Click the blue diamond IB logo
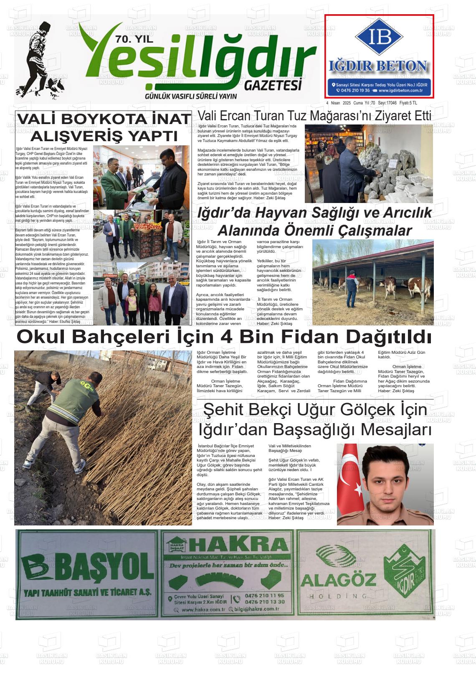click(x=379, y=37)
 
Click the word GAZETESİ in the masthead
click(x=273, y=86)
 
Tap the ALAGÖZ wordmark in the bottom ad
click(x=338, y=579)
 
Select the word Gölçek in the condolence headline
click(x=366, y=410)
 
